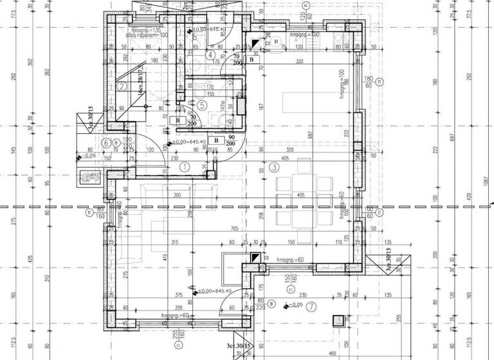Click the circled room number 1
[185, 166]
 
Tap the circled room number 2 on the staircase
[121, 85]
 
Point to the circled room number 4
[210, 55]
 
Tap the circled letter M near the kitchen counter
[277, 42]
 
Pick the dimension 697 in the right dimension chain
[459, 139]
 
